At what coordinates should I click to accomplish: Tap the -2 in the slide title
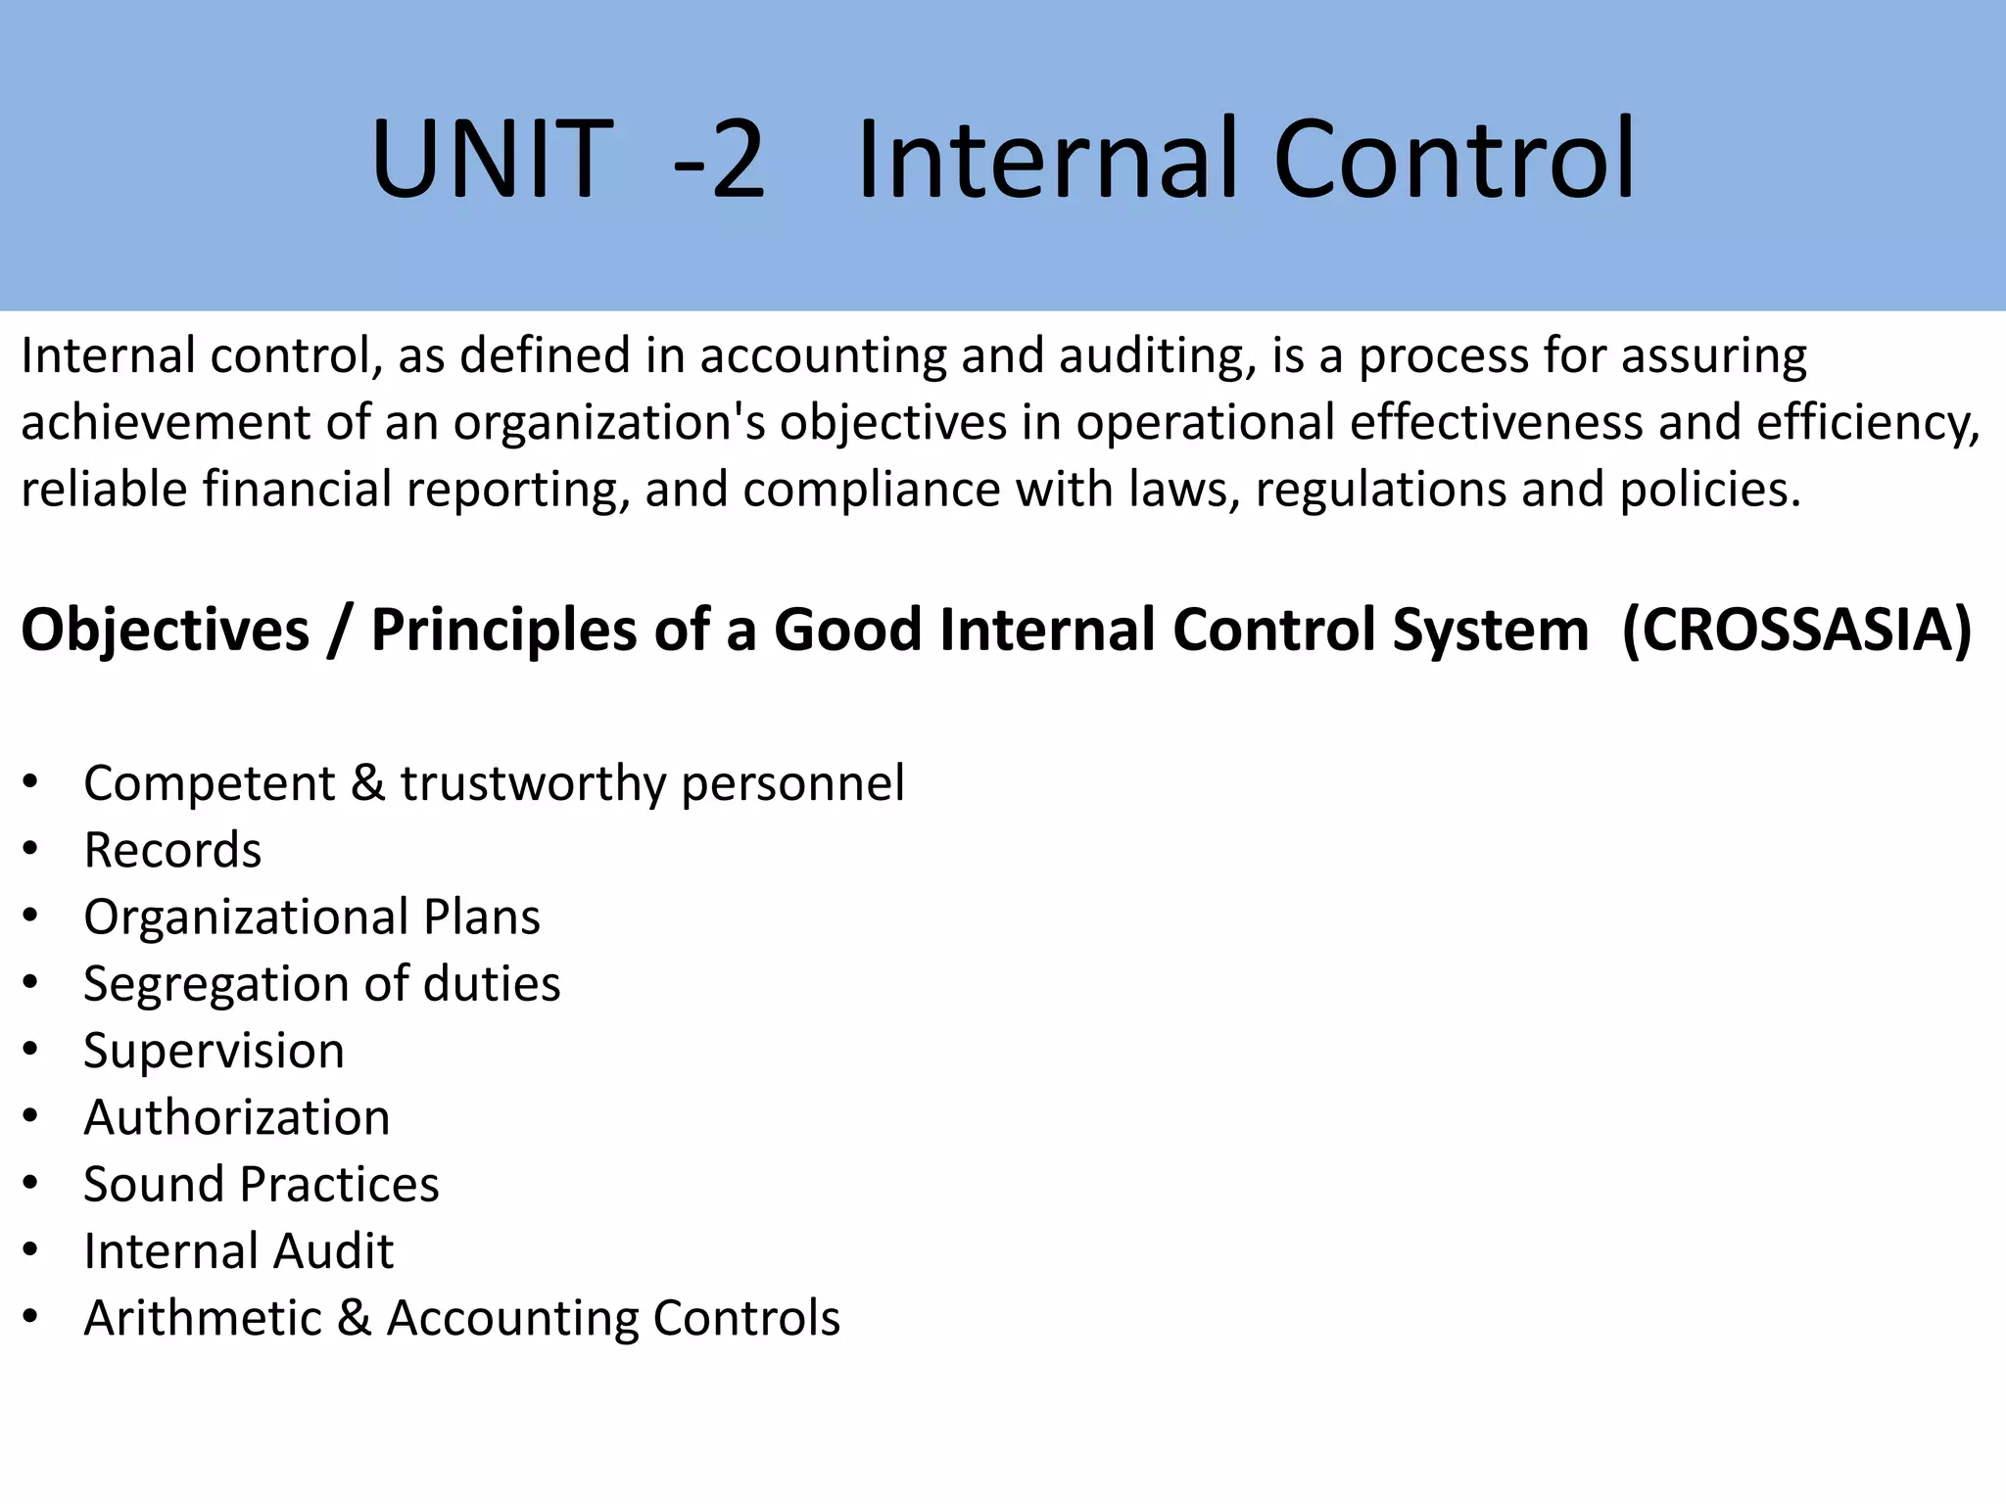click(x=718, y=159)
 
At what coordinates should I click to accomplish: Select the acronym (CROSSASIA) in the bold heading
click(x=1796, y=630)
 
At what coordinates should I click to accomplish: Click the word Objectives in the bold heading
click(x=166, y=630)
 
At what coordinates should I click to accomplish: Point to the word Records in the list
click(x=172, y=850)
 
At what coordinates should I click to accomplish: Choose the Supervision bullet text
click(x=214, y=1051)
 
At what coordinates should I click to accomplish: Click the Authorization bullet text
click(x=237, y=1117)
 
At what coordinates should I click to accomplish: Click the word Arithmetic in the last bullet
click(x=203, y=1318)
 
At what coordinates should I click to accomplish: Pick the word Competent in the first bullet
click(x=210, y=783)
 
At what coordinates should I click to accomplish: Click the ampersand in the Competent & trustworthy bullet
click(x=367, y=783)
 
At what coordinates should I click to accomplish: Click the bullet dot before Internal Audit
click(x=31, y=1250)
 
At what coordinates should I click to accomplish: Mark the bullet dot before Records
click(x=31, y=849)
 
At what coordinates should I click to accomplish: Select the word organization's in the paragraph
click(x=609, y=423)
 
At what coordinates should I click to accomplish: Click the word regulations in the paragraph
click(x=1380, y=490)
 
